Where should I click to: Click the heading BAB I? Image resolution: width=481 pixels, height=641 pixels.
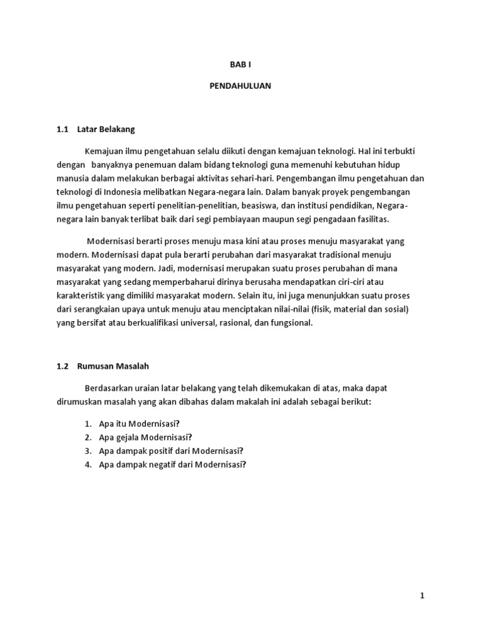(x=240, y=64)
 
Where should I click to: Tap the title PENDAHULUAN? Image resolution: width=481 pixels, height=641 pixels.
(x=240, y=86)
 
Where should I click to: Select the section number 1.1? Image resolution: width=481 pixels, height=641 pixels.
(x=61, y=130)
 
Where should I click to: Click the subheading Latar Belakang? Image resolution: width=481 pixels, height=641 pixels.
(x=106, y=130)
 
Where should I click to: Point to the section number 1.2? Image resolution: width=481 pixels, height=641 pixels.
(x=61, y=366)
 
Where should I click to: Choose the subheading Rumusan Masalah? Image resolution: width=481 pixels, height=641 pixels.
(x=113, y=366)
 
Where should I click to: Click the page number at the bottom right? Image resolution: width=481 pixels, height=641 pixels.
(x=422, y=596)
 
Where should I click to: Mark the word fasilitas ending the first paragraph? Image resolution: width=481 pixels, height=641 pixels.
(x=371, y=218)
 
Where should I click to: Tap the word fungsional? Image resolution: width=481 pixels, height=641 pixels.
(x=288, y=323)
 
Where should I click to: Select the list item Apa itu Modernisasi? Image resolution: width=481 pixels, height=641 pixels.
(x=139, y=423)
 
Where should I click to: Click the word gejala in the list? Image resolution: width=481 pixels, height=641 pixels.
(x=128, y=437)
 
